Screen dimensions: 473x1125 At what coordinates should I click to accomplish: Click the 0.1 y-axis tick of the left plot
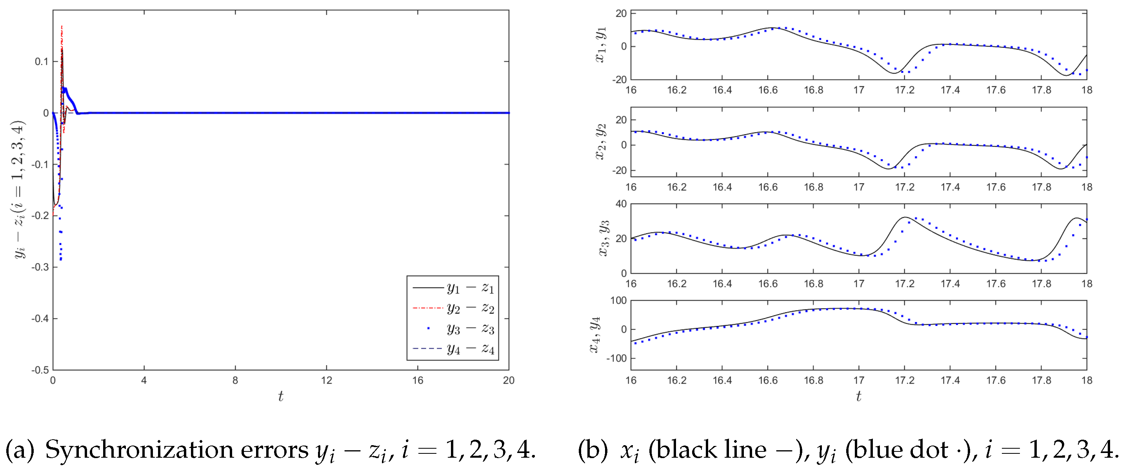[x=42, y=62]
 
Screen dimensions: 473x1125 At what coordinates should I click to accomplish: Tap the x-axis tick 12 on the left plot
[x=326, y=380]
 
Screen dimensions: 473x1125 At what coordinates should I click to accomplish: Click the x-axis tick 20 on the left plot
[x=508, y=380]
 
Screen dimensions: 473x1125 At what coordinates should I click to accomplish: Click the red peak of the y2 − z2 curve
[x=62, y=27]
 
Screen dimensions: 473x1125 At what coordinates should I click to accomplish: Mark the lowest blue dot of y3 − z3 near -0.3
[x=60, y=260]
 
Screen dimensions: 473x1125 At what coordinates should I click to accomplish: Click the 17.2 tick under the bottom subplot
[x=905, y=380]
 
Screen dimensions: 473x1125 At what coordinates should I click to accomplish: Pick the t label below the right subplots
[x=859, y=397]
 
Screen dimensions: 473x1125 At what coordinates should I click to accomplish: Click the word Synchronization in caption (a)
[x=177, y=450]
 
